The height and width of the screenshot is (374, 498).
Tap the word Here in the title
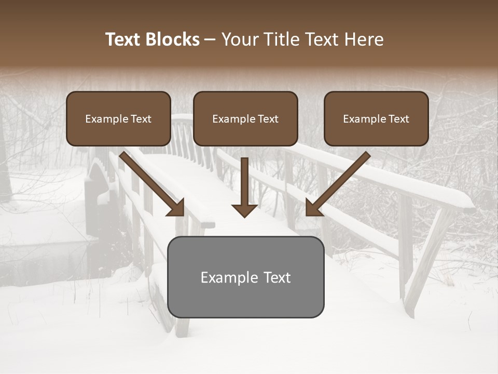point(363,39)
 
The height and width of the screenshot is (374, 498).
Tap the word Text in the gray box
point(277,277)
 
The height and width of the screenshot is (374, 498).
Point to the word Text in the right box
point(398,119)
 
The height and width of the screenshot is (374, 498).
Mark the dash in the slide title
point(210,40)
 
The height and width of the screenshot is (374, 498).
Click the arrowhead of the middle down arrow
point(244,209)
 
